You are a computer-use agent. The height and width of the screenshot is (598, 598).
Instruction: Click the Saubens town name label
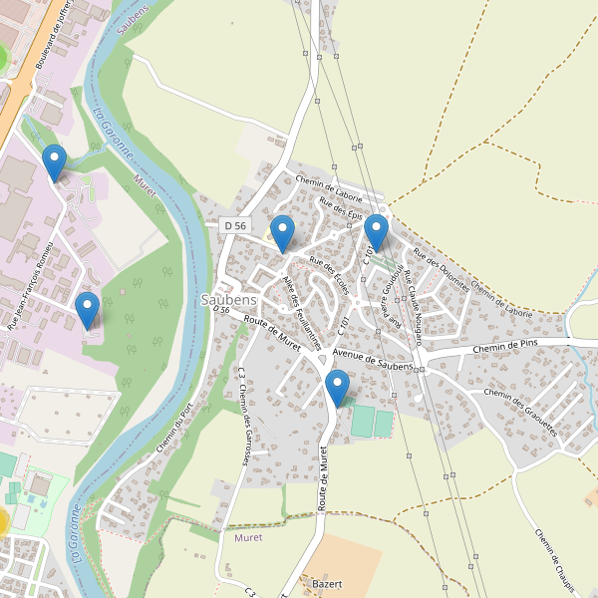tap(229, 299)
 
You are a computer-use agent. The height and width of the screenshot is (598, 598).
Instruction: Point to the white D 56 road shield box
tap(235, 226)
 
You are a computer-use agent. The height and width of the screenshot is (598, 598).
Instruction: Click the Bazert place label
tap(326, 583)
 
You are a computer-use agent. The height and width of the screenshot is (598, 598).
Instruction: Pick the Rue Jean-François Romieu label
tap(29, 289)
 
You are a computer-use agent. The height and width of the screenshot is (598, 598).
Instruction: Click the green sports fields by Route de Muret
tap(370, 421)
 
